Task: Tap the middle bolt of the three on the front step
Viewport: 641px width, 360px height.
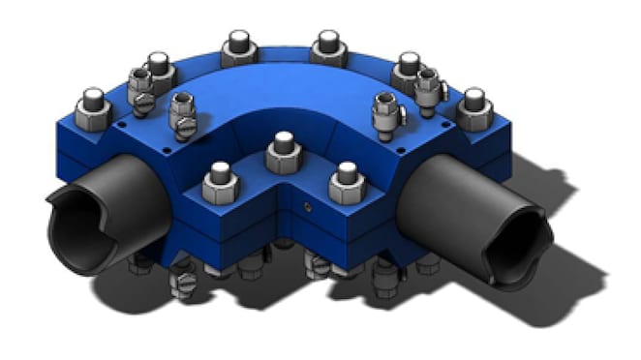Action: (283, 150)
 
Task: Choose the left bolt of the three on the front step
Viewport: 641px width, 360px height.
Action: (220, 181)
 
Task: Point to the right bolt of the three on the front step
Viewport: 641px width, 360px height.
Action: (346, 180)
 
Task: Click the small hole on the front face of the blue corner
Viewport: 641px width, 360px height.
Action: (306, 207)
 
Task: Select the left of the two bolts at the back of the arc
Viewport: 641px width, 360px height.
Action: (238, 45)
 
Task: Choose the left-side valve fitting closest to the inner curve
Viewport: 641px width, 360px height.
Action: (182, 111)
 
